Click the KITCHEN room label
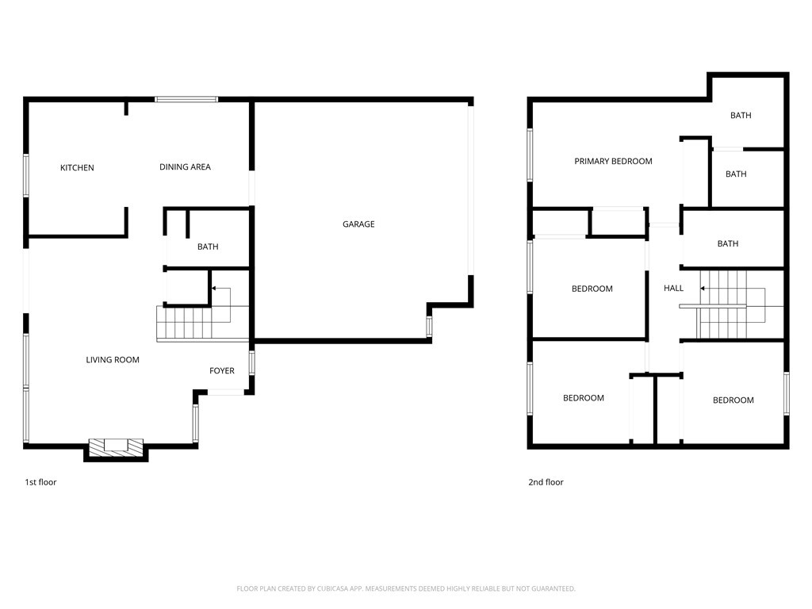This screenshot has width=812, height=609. [x=77, y=168]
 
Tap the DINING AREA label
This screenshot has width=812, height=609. [x=185, y=167]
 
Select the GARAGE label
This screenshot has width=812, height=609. [x=358, y=224]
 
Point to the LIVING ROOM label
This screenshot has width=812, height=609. [x=113, y=360]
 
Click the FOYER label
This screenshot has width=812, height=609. [x=222, y=371]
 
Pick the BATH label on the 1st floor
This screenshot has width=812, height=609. [x=208, y=247]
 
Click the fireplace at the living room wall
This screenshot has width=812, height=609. [x=116, y=449]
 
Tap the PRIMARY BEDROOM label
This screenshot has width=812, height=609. [x=613, y=161]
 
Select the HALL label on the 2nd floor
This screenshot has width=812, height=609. [x=674, y=288]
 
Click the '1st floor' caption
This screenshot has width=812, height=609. [x=40, y=482]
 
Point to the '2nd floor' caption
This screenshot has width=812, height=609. [x=546, y=482]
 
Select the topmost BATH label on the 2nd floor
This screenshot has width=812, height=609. [x=741, y=116]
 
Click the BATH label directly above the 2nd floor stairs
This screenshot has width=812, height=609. [x=728, y=243]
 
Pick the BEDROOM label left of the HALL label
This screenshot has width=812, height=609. [x=592, y=289]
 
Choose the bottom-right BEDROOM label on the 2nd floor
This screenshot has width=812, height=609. [x=733, y=400]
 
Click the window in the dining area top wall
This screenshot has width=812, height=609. [x=186, y=99]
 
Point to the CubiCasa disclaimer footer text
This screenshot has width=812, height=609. [x=406, y=588]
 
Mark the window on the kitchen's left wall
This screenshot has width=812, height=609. [x=26, y=175]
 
